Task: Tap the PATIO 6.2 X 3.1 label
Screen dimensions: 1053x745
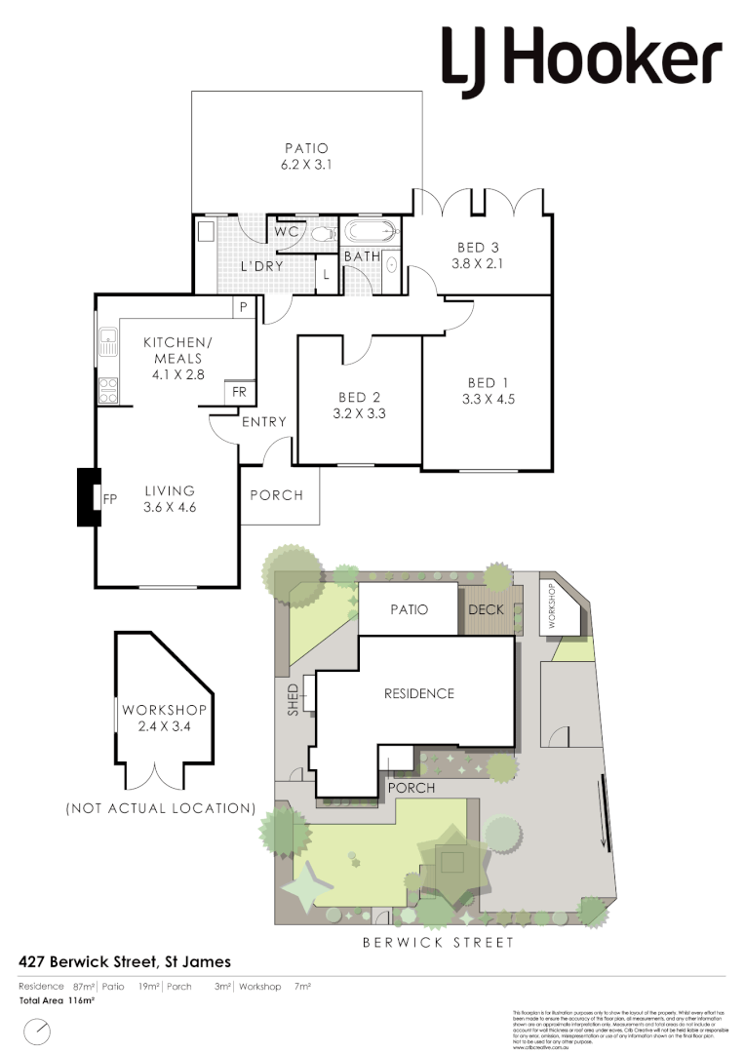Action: click(307, 157)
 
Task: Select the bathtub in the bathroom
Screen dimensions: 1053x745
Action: click(370, 233)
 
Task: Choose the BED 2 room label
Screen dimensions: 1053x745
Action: click(359, 397)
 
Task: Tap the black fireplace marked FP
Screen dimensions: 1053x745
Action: click(90, 498)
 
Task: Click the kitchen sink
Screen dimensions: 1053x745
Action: click(106, 342)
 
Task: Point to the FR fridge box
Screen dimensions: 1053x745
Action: click(239, 392)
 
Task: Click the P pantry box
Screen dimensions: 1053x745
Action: click(242, 306)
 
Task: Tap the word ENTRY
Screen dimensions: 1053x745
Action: click(263, 422)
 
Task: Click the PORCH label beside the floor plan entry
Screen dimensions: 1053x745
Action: click(277, 495)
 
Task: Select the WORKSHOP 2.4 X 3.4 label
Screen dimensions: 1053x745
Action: click(163, 718)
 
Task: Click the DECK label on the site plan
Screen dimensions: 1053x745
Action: click(486, 610)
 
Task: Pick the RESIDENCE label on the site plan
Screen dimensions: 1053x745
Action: click(418, 694)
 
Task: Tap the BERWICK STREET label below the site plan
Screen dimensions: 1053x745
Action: click(438, 943)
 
